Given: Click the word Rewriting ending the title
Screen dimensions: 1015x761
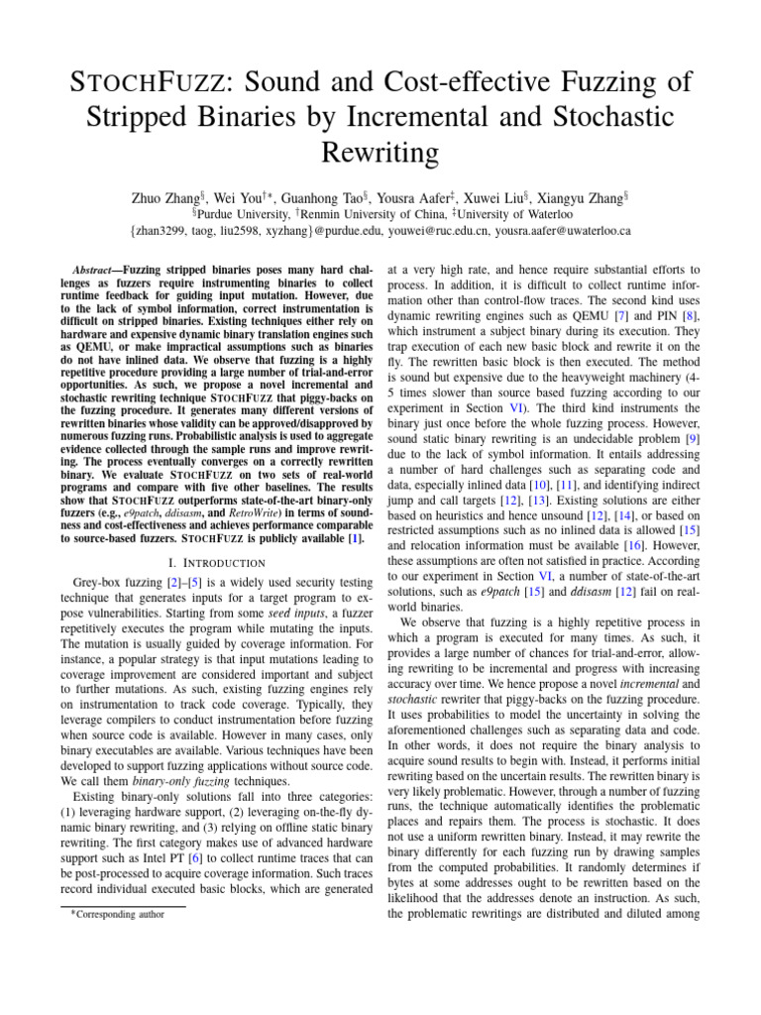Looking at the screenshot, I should coord(380,151).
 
